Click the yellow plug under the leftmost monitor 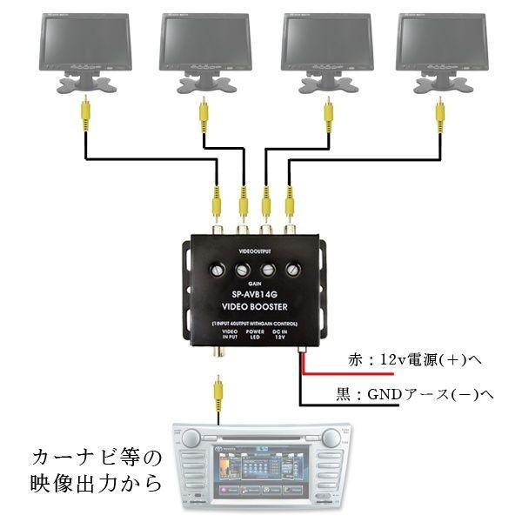point(84,110)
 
